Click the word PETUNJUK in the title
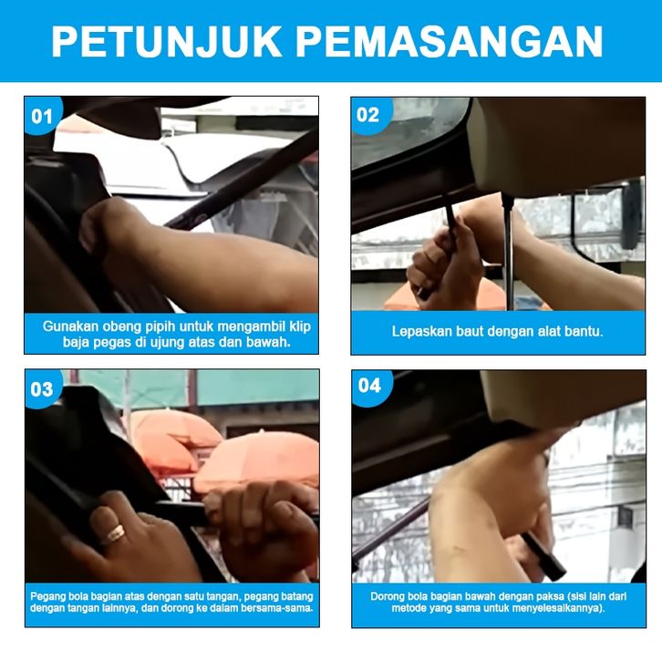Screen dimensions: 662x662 (x=166, y=41)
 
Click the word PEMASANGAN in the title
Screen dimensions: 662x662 (x=450, y=41)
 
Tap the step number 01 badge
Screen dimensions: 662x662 (x=42, y=116)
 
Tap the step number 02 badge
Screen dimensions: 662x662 (x=367, y=115)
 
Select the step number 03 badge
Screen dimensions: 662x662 (x=42, y=389)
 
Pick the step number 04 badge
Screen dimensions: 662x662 (x=370, y=386)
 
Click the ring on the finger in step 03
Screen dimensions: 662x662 (x=114, y=533)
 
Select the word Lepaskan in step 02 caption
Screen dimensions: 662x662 (x=419, y=331)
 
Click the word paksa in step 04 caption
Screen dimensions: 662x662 (x=550, y=597)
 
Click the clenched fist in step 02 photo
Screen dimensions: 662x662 (x=442, y=263)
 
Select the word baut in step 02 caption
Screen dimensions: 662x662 (x=460, y=331)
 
